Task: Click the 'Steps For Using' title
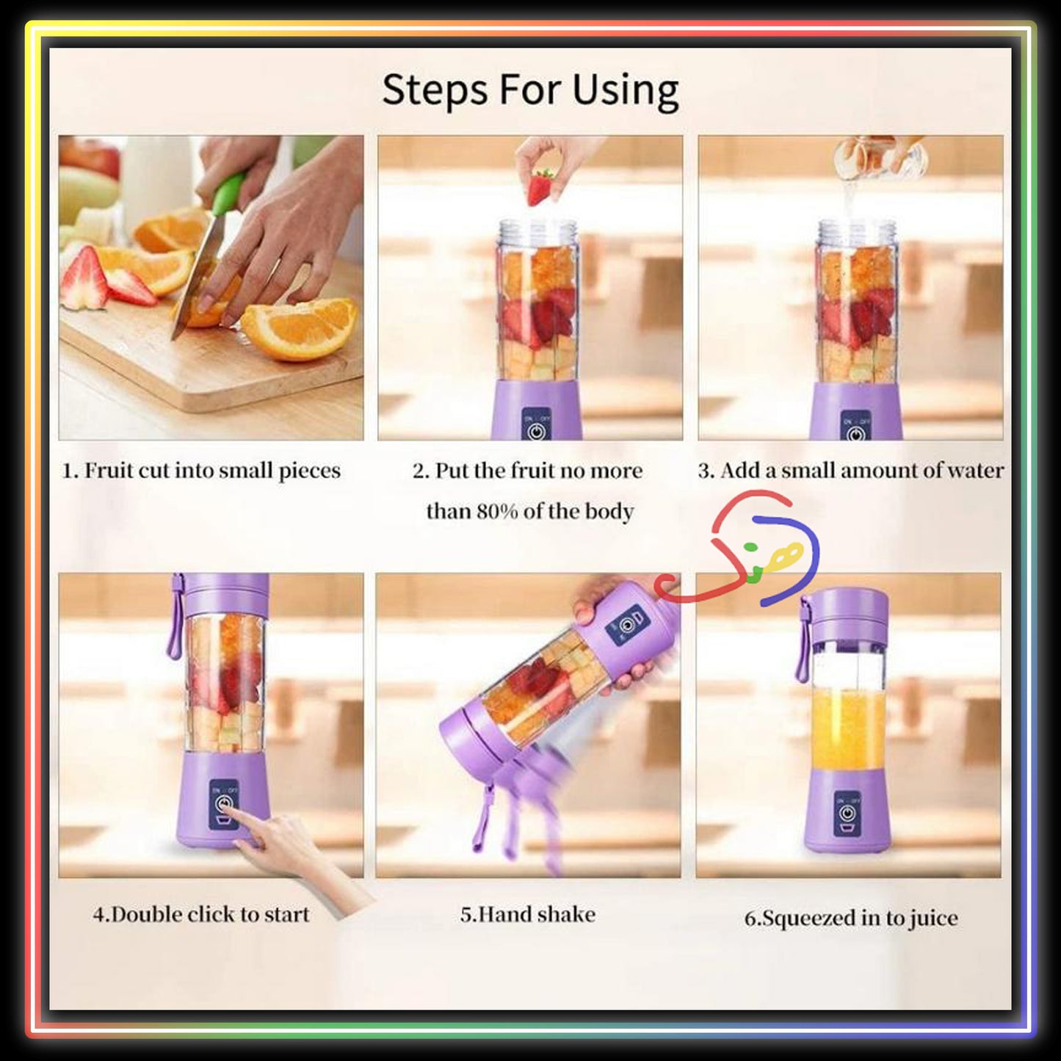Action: [x=530, y=90]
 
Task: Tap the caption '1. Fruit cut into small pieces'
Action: [x=201, y=471]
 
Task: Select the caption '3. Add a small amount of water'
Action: [x=850, y=471]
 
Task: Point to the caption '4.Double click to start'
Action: [x=201, y=915]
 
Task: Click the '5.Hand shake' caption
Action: [x=527, y=915]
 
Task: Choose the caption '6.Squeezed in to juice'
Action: [x=850, y=919]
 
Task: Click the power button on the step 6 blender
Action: [x=847, y=814]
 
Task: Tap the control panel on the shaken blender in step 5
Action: [x=628, y=626]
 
